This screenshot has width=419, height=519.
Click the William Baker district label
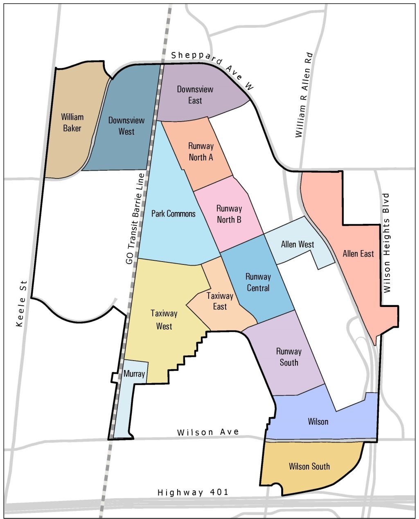pos(72,122)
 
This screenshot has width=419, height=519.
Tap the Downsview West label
pos(126,126)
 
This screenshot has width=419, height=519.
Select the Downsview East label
pos(195,95)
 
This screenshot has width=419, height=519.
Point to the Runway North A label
pos(200,151)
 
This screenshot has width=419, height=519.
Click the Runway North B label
pos(229,214)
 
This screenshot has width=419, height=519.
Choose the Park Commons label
pos(173,214)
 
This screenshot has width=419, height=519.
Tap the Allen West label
pos(297,244)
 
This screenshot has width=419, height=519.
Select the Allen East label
pos(358,254)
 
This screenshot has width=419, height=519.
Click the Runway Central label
pos(258,282)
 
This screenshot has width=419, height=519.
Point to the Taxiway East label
pos(220,301)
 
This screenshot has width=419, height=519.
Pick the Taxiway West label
pos(164,320)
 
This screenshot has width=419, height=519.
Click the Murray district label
pos(134,374)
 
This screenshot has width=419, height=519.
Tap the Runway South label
pos(288,357)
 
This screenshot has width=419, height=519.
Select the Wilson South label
pos(309,466)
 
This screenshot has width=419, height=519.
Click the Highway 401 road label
pos(193,492)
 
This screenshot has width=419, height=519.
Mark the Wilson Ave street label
pos(208,432)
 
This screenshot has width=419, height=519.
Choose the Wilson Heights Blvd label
pos(387,243)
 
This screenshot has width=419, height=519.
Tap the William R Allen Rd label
pos(304,95)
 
